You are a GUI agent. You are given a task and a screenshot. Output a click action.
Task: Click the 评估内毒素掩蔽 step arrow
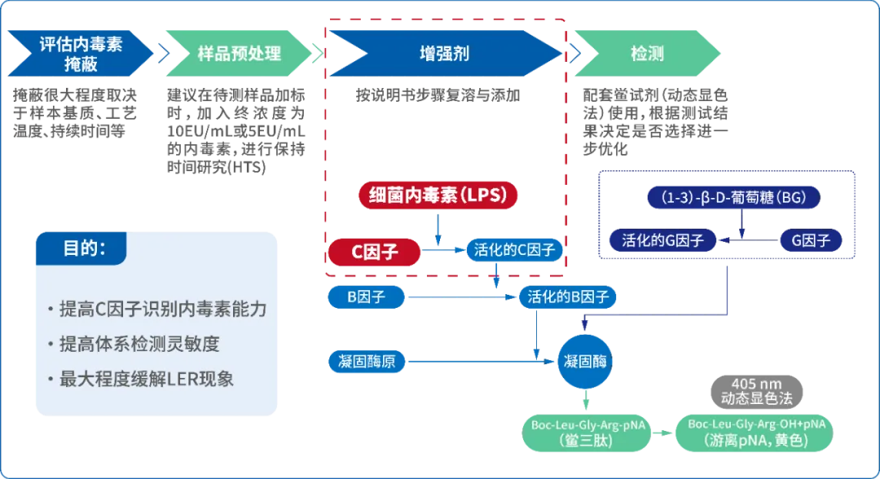[80, 54]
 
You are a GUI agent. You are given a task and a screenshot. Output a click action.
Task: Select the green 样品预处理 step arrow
[239, 54]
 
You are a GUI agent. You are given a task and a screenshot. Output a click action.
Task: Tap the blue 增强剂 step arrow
[444, 54]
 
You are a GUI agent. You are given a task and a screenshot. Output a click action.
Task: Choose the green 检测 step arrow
[646, 54]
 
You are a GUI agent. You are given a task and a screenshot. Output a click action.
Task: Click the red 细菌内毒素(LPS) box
[438, 196]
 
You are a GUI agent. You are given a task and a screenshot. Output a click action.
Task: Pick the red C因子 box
[375, 252]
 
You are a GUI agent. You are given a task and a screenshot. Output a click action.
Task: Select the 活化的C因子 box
[514, 250]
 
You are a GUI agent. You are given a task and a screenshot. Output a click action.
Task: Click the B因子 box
[366, 297]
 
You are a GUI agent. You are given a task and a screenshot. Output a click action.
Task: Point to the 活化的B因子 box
[568, 297]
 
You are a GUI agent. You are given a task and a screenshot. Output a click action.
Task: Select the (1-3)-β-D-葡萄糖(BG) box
[733, 197]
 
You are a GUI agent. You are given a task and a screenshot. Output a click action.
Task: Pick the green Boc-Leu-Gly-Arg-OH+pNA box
[756, 432]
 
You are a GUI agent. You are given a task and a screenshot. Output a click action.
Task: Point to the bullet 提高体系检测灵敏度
[139, 345]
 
